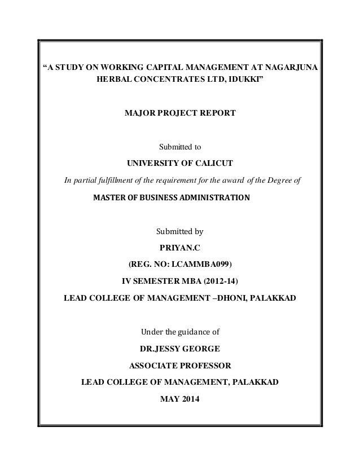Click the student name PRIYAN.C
179,247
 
